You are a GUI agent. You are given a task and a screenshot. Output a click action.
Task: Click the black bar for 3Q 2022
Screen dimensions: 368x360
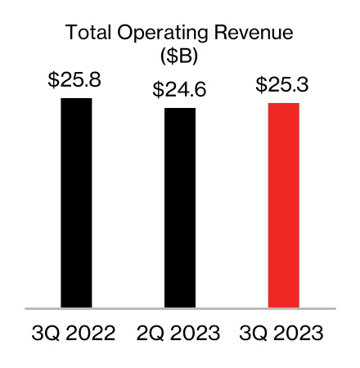pos(76,203)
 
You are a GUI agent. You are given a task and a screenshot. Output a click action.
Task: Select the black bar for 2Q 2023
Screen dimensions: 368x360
pos(180,208)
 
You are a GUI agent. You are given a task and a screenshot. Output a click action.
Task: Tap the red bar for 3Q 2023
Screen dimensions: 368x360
pos(284,205)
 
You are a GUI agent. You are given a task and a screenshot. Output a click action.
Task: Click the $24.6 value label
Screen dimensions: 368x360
pos(180,91)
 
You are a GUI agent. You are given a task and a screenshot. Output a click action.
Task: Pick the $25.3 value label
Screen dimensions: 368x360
pos(284,85)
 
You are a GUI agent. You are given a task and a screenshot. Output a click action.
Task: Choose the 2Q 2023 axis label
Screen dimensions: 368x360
pos(180,334)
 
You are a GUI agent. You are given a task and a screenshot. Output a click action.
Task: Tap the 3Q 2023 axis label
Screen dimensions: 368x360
pos(284,334)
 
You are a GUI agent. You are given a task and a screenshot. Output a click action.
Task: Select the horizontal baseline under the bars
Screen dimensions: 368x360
pos(180,309)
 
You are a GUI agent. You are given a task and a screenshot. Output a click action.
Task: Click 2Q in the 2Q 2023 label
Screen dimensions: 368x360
pos(151,334)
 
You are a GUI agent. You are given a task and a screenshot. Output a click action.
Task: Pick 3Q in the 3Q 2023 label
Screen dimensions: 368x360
pos(255,334)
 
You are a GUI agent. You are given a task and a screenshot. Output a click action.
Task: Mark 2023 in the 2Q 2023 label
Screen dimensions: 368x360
pos(196,334)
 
